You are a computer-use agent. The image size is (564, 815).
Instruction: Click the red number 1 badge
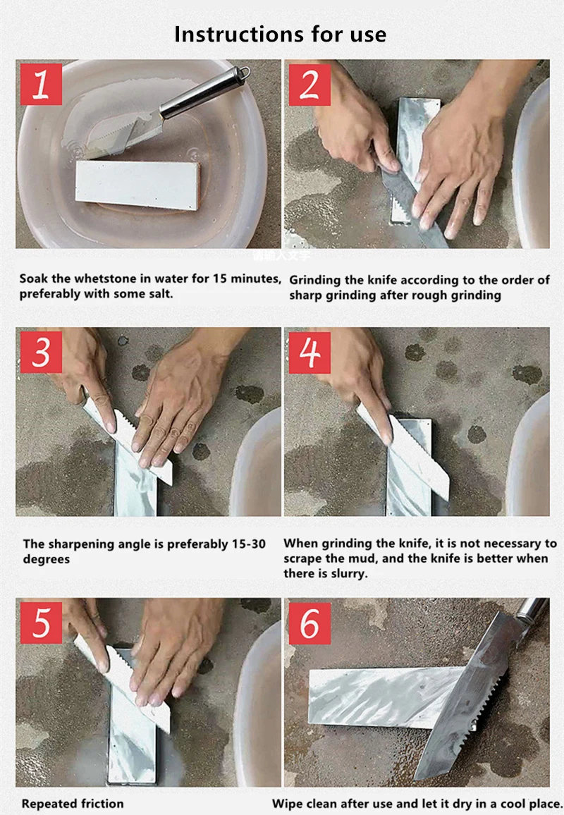click(42, 85)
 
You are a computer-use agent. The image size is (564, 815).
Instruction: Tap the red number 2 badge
click(309, 85)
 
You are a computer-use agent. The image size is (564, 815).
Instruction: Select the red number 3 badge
click(42, 353)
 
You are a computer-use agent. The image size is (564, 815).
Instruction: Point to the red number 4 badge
click(309, 353)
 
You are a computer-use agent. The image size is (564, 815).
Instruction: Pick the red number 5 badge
click(42, 623)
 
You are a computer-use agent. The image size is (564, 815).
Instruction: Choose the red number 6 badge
click(309, 623)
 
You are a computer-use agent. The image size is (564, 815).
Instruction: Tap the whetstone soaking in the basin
click(137, 185)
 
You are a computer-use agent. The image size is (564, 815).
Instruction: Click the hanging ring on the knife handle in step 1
click(243, 72)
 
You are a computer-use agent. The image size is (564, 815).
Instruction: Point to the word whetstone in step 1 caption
click(102, 278)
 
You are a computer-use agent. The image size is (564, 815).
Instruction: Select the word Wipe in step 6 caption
click(285, 804)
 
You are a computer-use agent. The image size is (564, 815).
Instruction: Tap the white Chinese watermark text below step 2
click(281, 255)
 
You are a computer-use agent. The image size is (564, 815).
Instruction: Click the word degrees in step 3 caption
click(47, 560)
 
